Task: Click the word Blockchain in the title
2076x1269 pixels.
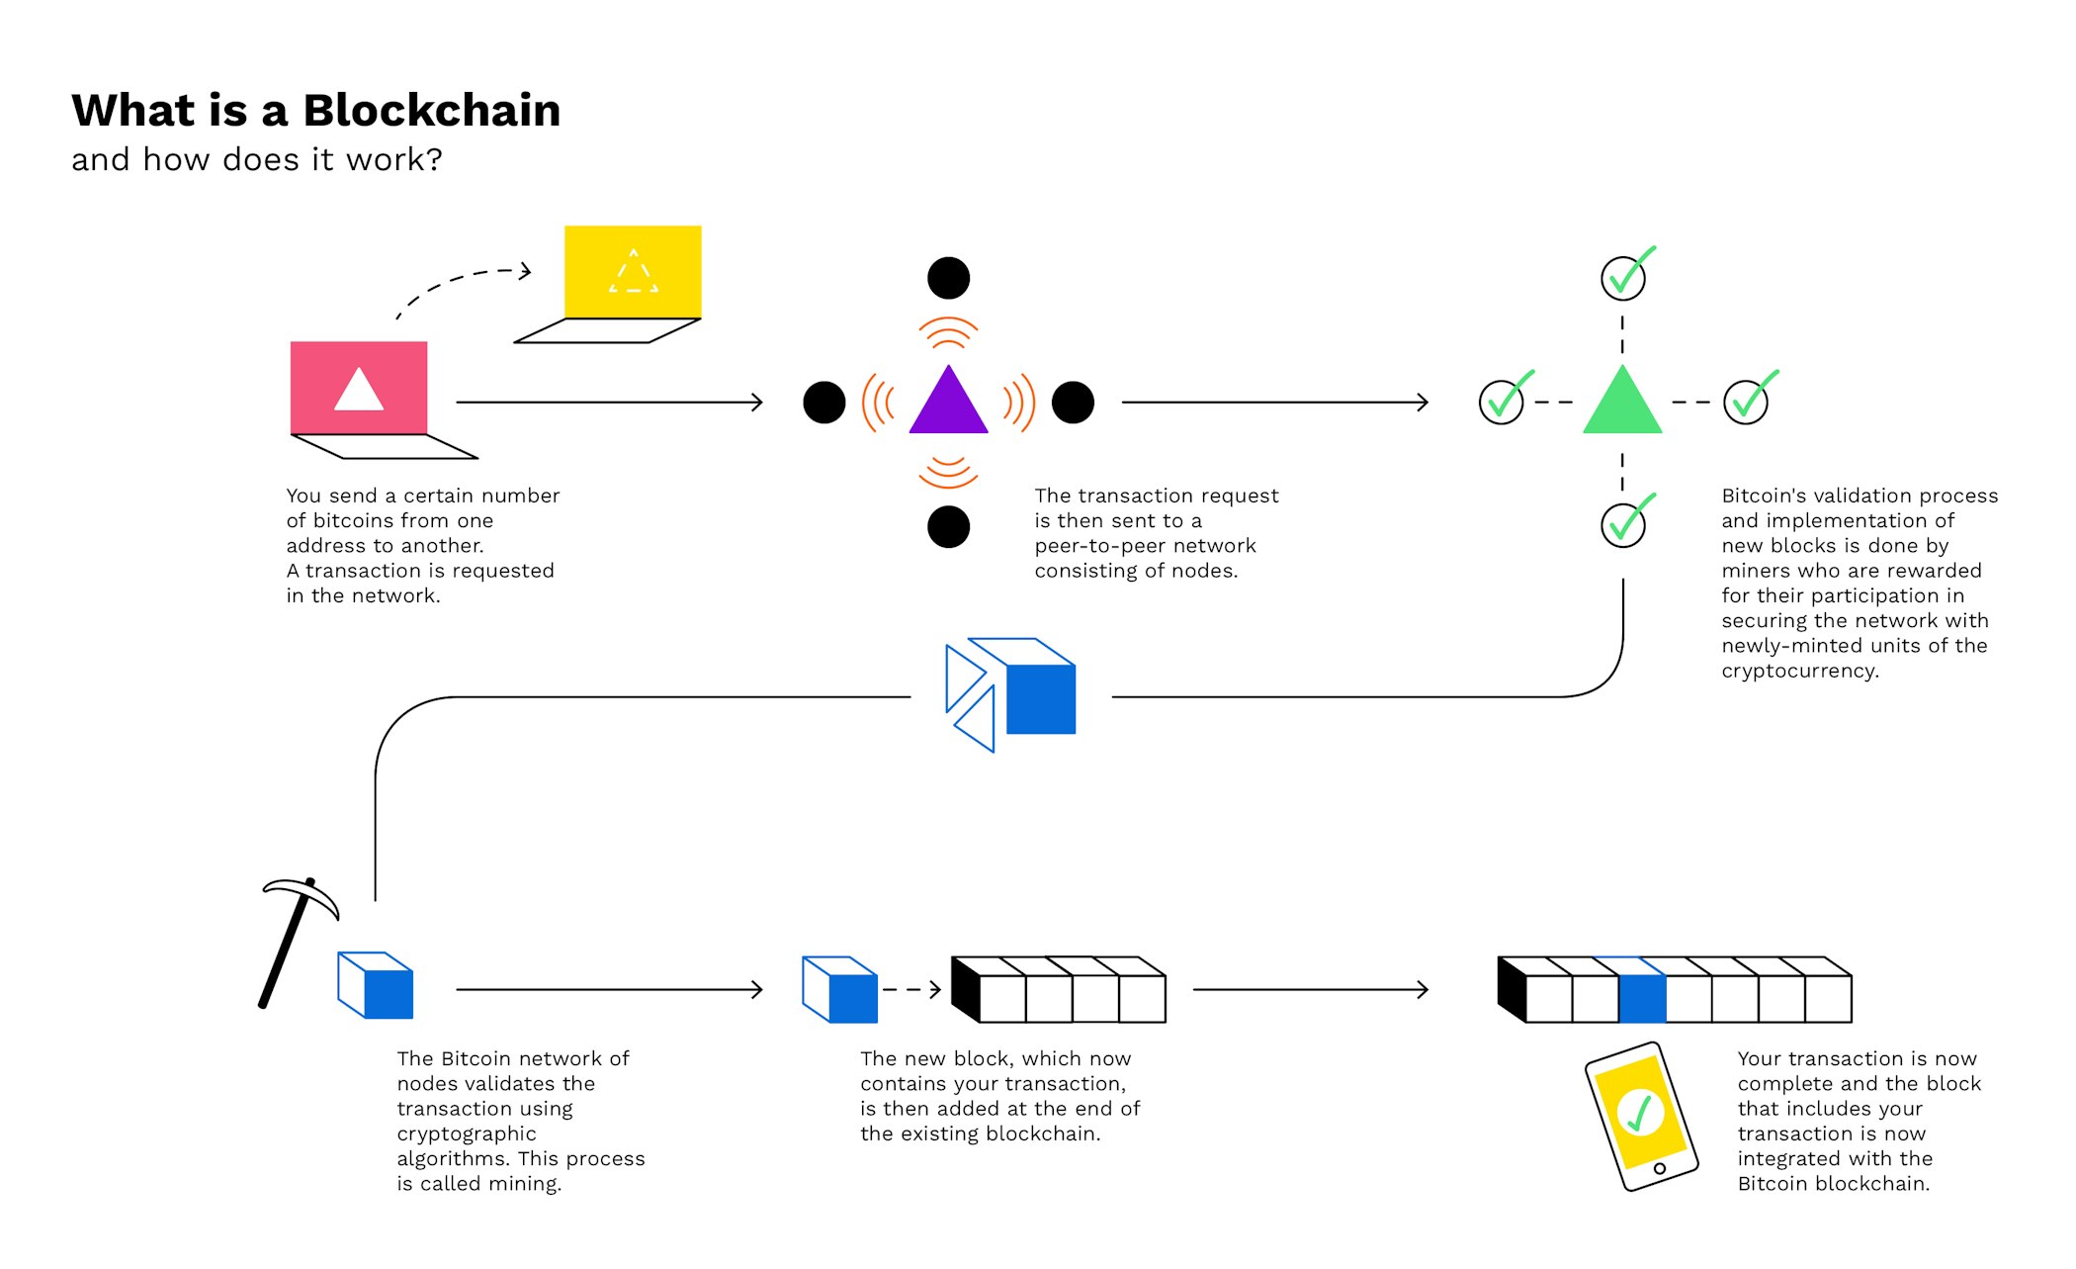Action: click(x=431, y=111)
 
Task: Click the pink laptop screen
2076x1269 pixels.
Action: click(x=358, y=388)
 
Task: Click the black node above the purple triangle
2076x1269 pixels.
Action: click(x=948, y=278)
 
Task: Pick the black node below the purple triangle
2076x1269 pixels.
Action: click(x=948, y=527)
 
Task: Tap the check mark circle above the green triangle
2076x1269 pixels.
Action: click(x=1623, y=278)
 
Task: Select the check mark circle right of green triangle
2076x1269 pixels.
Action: click(x=1746, y=402)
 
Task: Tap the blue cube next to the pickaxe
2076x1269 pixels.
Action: click(x=377, y=986)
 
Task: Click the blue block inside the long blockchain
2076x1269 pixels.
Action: click(x=1642, y=997)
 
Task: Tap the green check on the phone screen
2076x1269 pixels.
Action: click(x=1640, y=1113)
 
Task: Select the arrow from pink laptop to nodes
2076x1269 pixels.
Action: click(x=608, y=403)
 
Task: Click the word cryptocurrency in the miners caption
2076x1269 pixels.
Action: click(x=1799, y=671)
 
